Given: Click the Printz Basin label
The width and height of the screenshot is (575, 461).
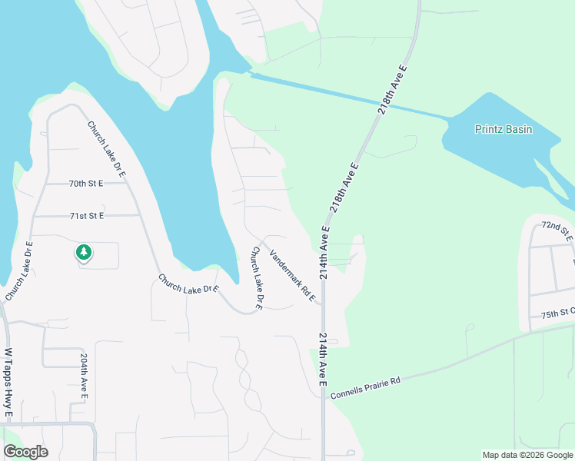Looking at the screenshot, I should (x=503, y=129).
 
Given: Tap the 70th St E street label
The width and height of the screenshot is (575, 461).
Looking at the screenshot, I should (x=85, y=184).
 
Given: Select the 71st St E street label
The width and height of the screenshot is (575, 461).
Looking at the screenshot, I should (x=86, y=217).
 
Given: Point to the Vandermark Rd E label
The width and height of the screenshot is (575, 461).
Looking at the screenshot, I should (x=293, y=274).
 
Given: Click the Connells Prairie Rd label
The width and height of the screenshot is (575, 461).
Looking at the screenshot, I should (x=366, y=388).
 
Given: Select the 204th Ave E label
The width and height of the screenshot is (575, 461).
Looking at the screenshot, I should (x=84, y=376).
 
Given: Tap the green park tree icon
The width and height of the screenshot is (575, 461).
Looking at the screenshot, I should (x=83, y=252).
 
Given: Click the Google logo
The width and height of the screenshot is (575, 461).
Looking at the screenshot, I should (x=25, y=452).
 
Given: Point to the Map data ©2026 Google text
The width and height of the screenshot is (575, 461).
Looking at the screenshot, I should (x=527, y=455).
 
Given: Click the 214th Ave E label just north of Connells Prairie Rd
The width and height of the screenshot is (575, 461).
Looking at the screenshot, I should (x=323, y=360).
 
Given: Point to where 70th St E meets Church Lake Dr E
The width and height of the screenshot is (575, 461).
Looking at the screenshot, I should (x=125, y=184).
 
